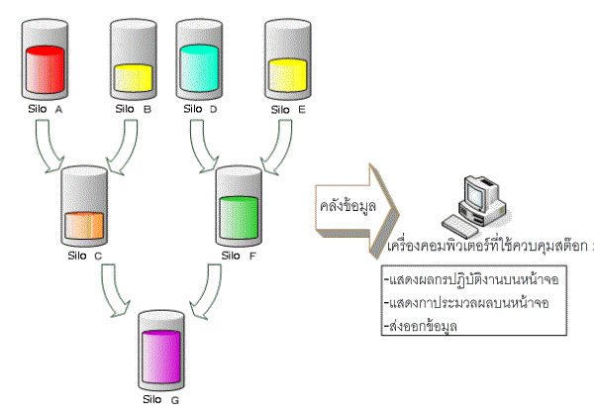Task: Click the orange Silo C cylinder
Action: point(86,208)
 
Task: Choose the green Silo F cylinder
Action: point(238,208)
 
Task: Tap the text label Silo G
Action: point(162,400)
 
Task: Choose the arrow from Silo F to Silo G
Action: point(207,292)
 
